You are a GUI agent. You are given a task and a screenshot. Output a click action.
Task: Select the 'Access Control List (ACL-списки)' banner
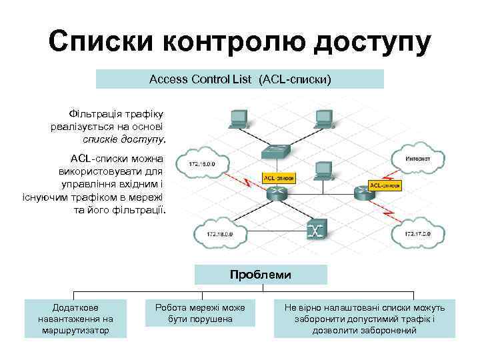(240, 79)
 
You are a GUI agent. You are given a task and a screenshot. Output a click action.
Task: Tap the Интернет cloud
(418, 159)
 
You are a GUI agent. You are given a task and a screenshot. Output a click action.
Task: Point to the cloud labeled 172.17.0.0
(418, 234)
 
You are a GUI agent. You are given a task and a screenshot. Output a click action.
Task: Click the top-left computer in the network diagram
(238, 119)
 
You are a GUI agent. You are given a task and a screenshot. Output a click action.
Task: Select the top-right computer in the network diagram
(323, 119)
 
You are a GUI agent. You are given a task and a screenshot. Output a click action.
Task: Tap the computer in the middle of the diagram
(323, 171)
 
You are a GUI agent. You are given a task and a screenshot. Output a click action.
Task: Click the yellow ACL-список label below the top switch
(279, 179)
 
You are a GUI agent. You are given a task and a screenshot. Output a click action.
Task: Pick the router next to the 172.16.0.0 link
(276, 194)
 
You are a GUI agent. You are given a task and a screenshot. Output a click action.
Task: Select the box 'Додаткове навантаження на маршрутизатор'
(75, 319)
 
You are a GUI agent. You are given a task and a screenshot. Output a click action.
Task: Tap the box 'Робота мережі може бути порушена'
(199, 313)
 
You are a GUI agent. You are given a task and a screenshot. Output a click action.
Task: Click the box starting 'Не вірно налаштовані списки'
(365, 319)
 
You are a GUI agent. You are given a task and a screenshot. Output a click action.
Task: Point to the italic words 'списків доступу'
(124, 139)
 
